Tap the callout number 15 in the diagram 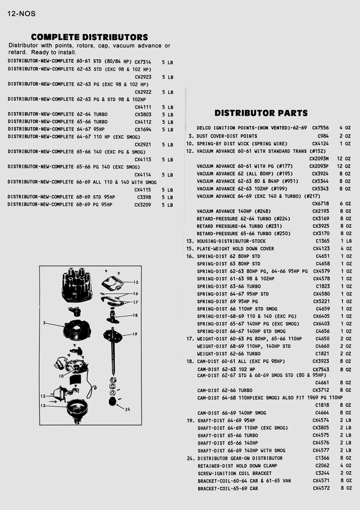[136, 283]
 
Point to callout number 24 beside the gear [127, 409]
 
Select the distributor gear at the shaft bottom [114, 401]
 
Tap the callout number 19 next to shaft [135, 334]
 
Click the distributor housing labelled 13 [76, 410]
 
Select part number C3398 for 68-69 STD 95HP [144, 197]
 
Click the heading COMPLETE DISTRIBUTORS [89, 37]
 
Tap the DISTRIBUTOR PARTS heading [261, 113]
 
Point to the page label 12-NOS [22, 14]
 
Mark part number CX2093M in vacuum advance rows [319, 159]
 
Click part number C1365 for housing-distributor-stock [323, 241]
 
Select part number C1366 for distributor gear [323, 458]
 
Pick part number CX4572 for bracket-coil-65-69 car [321, 488]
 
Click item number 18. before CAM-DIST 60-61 [190, 361]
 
